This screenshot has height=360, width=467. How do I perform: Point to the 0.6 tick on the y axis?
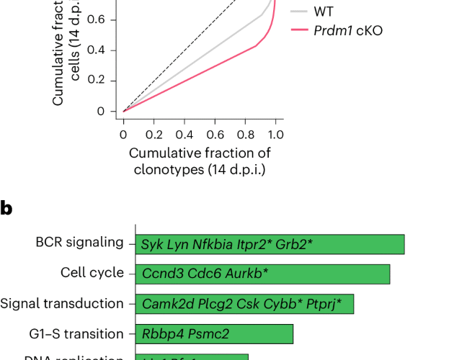97,20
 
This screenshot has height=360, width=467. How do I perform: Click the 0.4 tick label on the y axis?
97,50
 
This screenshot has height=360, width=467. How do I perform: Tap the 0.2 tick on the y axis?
97,81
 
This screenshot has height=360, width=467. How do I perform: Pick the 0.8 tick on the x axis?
244,134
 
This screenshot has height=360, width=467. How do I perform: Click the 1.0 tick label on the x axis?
275,134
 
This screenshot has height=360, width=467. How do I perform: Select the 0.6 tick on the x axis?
214,134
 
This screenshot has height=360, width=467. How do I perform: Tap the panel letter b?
6,209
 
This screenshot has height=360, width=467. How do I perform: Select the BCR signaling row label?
79,243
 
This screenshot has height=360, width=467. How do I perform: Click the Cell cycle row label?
92,273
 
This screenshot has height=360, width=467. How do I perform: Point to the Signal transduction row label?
62,303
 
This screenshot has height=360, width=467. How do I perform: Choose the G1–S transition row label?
82,333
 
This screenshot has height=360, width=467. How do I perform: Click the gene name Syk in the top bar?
152,244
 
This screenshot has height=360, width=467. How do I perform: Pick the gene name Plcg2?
203,305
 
